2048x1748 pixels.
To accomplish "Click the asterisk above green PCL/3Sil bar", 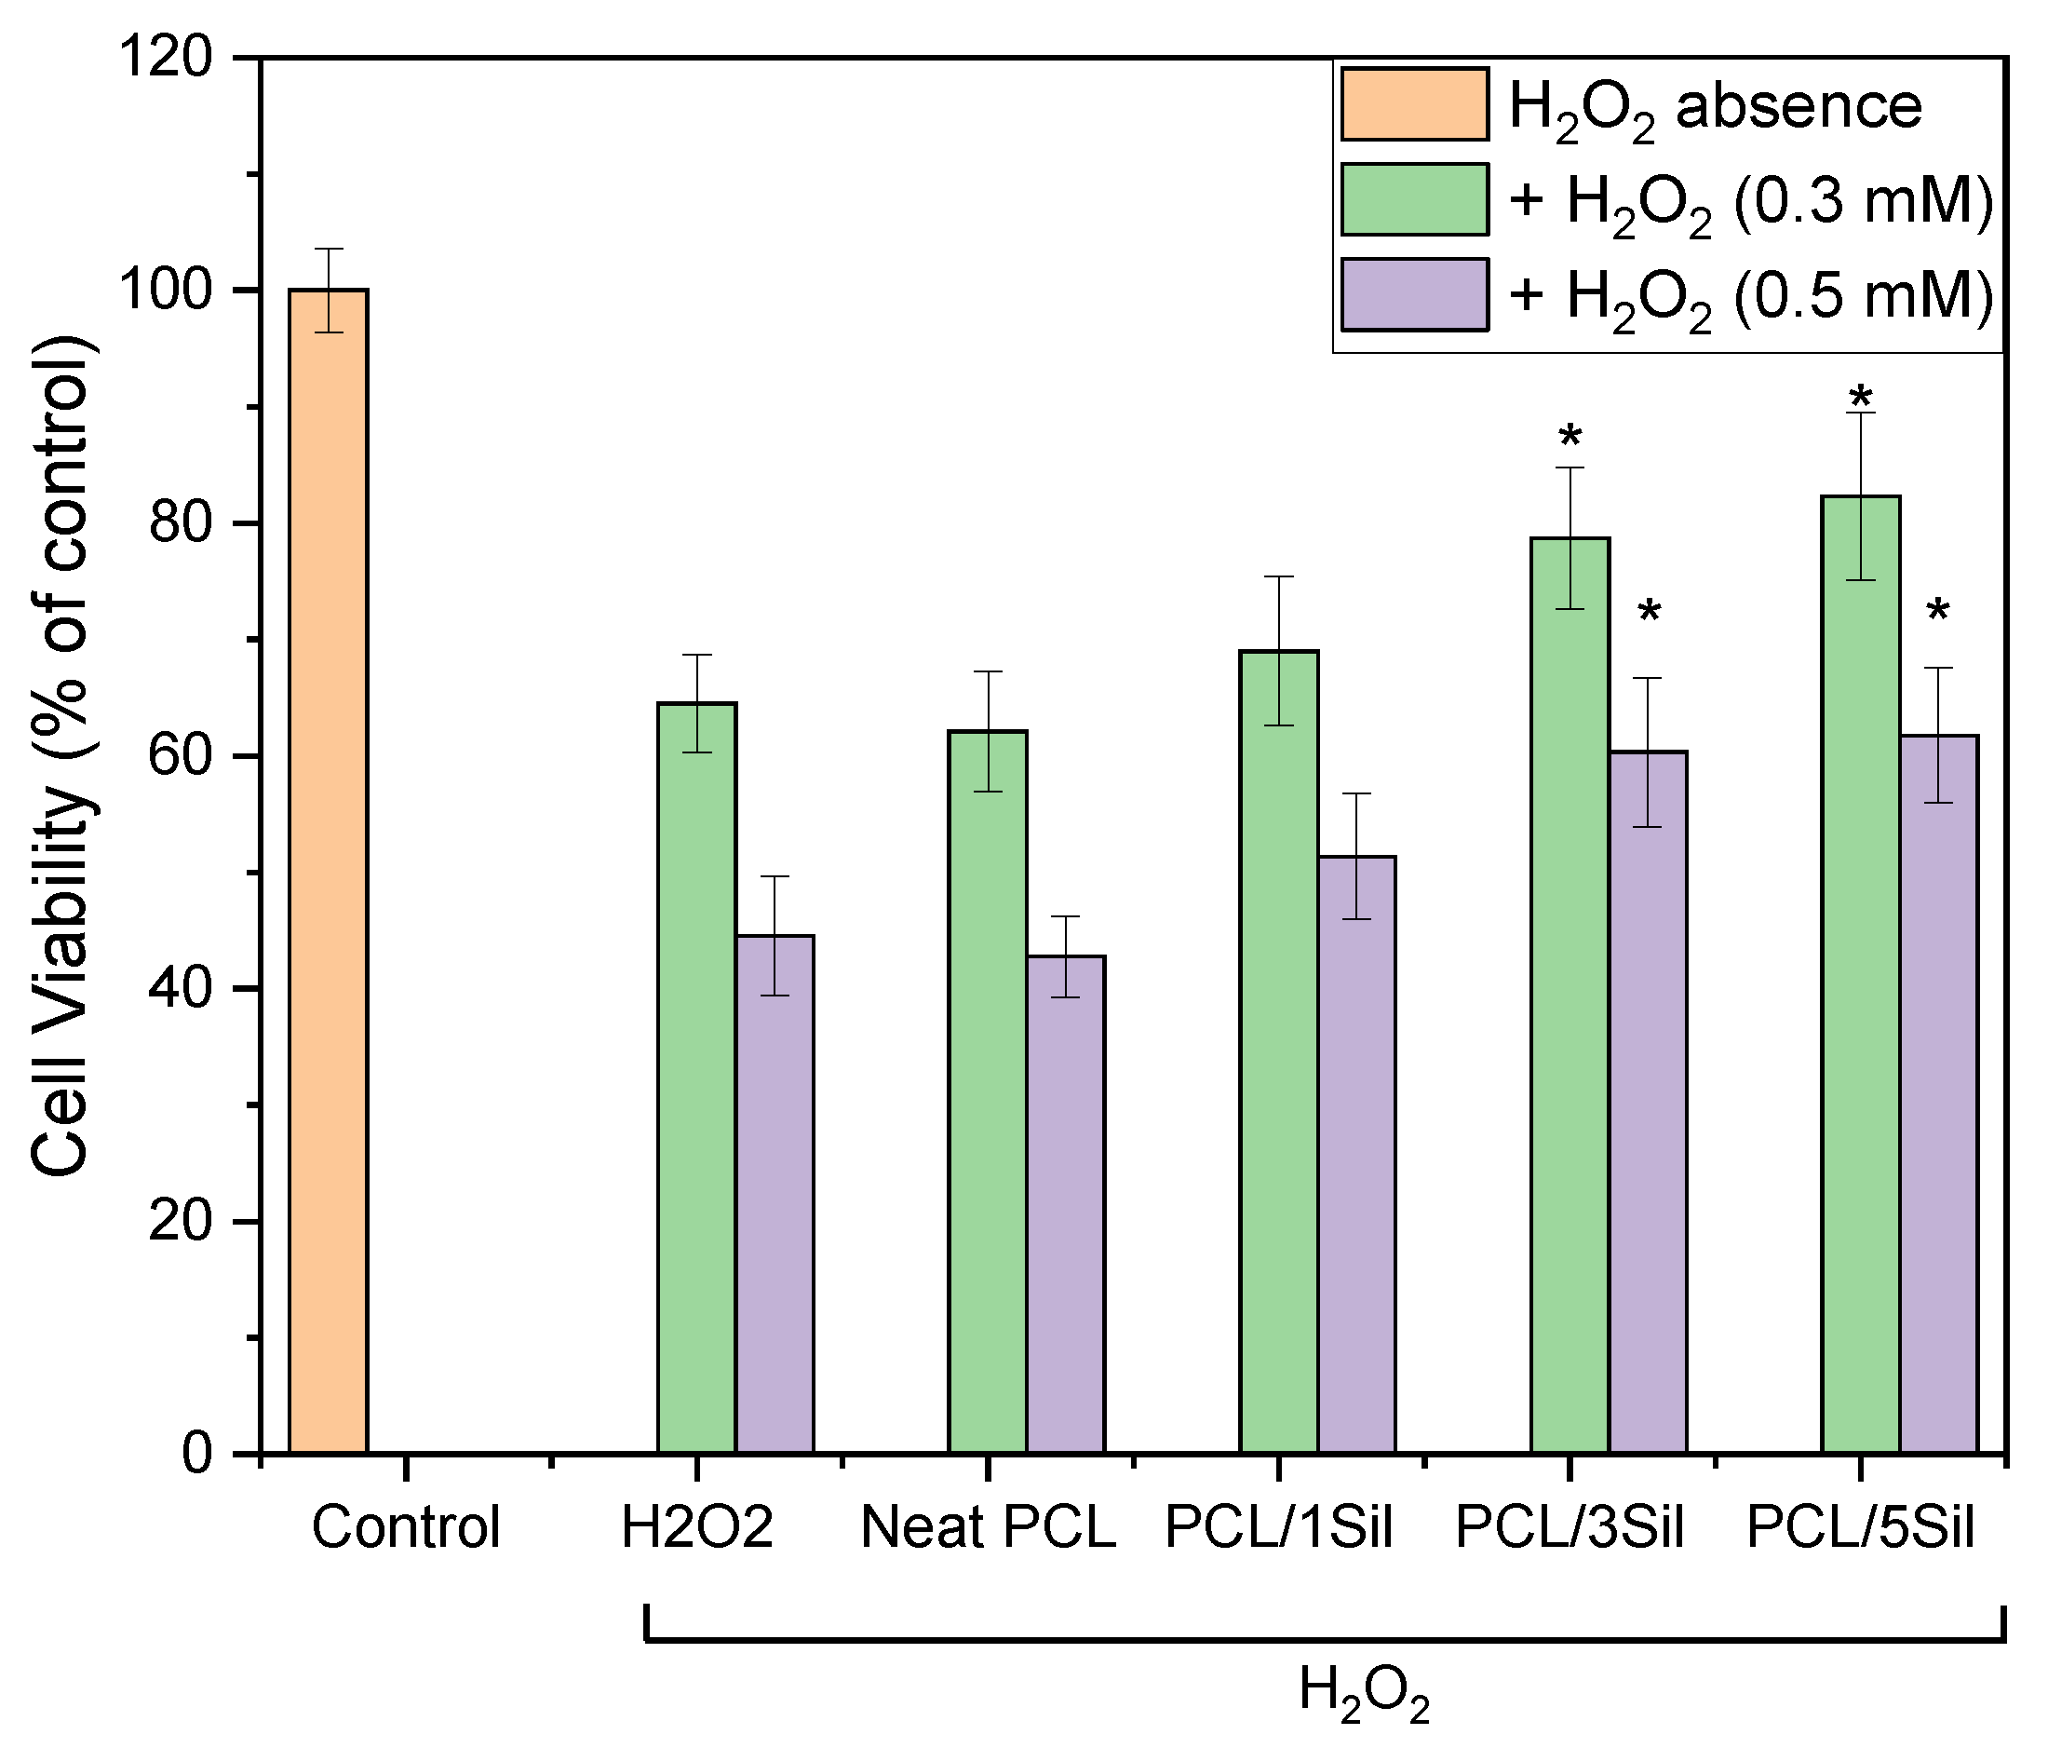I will (1570, 438).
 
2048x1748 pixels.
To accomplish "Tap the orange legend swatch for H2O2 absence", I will (1414, 103).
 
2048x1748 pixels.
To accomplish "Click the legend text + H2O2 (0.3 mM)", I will (1750, 202).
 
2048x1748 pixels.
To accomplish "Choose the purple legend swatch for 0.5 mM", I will (1414, 294).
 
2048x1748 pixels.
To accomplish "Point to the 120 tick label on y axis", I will (165, 58).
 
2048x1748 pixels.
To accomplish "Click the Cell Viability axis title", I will (61, 756).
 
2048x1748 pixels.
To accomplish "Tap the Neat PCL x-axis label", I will (988, 1527).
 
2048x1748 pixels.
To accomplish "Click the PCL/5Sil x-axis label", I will (1860, 1527).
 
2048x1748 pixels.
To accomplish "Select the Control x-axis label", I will (406, 1527).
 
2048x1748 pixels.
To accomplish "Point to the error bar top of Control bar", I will (329, 250).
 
